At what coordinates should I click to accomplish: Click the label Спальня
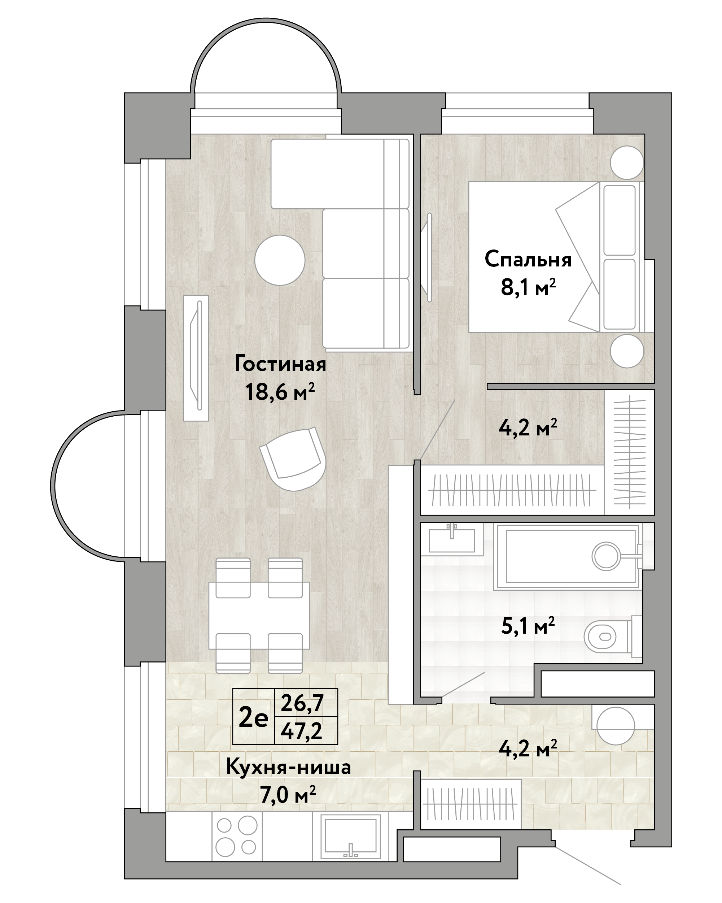(x=528, y=260)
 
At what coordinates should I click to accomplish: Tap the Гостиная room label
(x=280, y=364)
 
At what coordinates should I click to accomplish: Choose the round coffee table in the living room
(x=280, y=260)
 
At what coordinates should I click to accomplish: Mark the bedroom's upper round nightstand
(x=627, y=162)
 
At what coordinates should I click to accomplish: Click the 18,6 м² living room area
(x=280, y=392)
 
